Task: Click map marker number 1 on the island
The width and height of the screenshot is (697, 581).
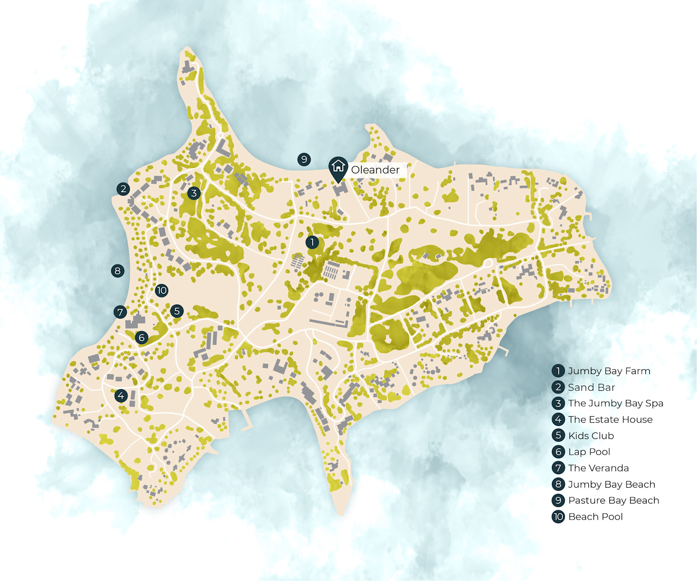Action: (x=312, y=242)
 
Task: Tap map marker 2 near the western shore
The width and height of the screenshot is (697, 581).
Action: (x=123, y=189)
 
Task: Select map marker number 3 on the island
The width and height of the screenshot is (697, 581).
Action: (x=194, y=193)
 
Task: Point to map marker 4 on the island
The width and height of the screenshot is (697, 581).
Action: (x=121, y=396)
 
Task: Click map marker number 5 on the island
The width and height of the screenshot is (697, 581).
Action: (x=177, y=311)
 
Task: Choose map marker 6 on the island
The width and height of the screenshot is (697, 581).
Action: (x=141, y=337)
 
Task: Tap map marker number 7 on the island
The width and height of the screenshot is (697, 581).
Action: (x=120, y=312)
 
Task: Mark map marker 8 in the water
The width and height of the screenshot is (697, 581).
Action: (x=117, y=271)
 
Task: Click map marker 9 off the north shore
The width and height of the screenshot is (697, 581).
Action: (x=304, y=159)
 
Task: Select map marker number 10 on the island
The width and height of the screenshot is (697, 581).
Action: (x=161, y=290)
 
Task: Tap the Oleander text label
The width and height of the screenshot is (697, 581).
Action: (x=375, y=170)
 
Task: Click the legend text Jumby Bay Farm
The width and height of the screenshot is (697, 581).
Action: (x=609, y=371)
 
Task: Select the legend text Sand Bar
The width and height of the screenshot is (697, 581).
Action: (x=591, y=387)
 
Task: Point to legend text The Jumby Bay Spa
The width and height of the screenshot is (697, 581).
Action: (x=615, y=403)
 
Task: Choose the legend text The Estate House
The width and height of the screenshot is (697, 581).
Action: (x=610, y=419)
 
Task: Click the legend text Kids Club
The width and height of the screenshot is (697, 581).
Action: (x=591, y=436)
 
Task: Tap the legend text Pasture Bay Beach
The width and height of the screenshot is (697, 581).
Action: (x=613, y=500)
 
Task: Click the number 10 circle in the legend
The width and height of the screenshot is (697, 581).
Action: (x=558, y=517)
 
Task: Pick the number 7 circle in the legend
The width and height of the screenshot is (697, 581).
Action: (x=558, y=468)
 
